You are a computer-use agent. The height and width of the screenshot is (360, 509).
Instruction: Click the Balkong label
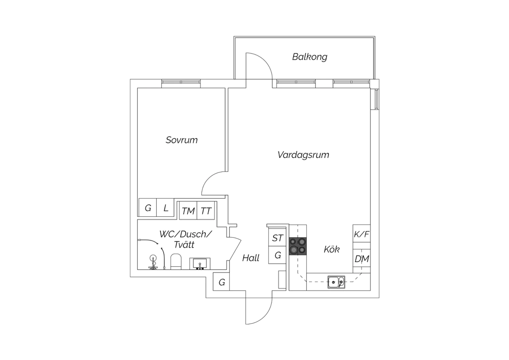click(309, 57)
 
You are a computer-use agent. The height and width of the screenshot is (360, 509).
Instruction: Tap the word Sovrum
click(182, 140)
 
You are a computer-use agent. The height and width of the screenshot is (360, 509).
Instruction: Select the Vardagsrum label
click(303, 155)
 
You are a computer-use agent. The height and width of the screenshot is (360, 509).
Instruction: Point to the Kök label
click(332, 249)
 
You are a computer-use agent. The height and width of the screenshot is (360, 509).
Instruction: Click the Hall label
click(251, 258)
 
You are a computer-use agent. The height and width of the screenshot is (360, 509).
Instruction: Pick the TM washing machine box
click(188, 210)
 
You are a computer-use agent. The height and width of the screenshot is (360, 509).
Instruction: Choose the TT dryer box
click(206, 210)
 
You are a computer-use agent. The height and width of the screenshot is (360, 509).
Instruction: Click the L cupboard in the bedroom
click(165, 208)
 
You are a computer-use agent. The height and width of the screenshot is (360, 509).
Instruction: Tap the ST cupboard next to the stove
click(277, 237)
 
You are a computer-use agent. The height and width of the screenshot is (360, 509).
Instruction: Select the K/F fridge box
click(361, 234)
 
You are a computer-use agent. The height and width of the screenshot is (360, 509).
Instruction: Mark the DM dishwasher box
click(361, 259)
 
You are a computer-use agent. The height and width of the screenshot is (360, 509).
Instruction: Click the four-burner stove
click(298, 246)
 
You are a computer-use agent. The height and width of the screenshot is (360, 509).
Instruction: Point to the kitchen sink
click(336, 282)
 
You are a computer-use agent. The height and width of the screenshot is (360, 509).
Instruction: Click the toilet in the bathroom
click(176, 262)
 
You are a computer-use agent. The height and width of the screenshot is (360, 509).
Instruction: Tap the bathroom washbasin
click(200, 264)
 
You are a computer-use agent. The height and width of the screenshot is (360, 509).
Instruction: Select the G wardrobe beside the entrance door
click(221, 282)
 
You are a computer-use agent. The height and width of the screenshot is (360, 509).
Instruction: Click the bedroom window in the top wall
click(181, 84)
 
